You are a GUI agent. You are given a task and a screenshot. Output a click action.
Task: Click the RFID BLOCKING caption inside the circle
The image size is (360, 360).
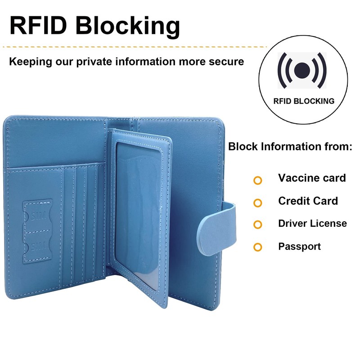tap(304, 101)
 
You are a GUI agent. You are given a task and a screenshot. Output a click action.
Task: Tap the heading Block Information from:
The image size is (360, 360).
tap(290, 147)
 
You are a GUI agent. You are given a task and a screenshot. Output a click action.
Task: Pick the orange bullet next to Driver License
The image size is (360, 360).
tap(257, 225)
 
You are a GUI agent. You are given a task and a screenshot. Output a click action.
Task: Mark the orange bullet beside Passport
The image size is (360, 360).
tap(257, 247)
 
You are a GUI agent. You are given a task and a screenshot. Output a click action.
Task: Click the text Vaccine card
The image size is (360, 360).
tap(312, 178)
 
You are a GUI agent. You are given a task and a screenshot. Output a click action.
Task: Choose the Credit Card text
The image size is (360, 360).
tap(308, 201)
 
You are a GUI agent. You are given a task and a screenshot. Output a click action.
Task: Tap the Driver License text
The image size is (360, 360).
tap(312, 223)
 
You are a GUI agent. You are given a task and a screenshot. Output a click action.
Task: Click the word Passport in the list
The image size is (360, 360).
tap(299, 246)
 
